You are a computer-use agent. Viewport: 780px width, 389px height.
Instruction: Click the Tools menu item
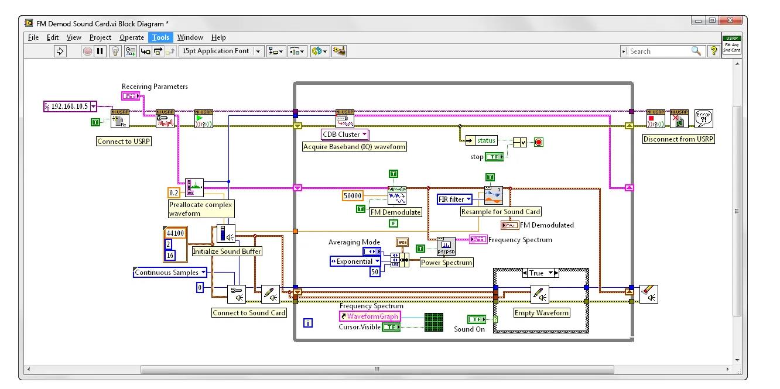pos(160,37)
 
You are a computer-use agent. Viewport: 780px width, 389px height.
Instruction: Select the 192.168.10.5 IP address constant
pos(70,106)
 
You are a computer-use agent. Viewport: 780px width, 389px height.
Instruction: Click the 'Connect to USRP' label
pos(124,141)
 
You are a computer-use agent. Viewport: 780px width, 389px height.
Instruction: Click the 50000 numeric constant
pos(353,195)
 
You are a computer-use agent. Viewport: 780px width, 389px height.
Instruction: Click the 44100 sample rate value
pos(175,233)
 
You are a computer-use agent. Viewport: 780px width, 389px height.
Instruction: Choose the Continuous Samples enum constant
pos(170,273)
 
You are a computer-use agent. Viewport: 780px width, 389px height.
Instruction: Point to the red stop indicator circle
pos(538,142)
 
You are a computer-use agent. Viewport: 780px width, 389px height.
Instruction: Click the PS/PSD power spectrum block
pos(446,247)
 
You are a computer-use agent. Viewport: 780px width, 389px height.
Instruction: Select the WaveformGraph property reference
pos(370,316)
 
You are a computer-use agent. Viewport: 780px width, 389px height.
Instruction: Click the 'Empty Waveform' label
pos(541,313)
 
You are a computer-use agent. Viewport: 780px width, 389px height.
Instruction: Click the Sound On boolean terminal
pos(477,319)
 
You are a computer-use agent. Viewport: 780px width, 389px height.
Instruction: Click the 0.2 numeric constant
pos(174,192)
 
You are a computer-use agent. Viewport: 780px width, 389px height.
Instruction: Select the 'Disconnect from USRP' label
pos(678,139)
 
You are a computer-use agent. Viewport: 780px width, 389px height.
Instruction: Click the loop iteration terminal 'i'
pos(308,323)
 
